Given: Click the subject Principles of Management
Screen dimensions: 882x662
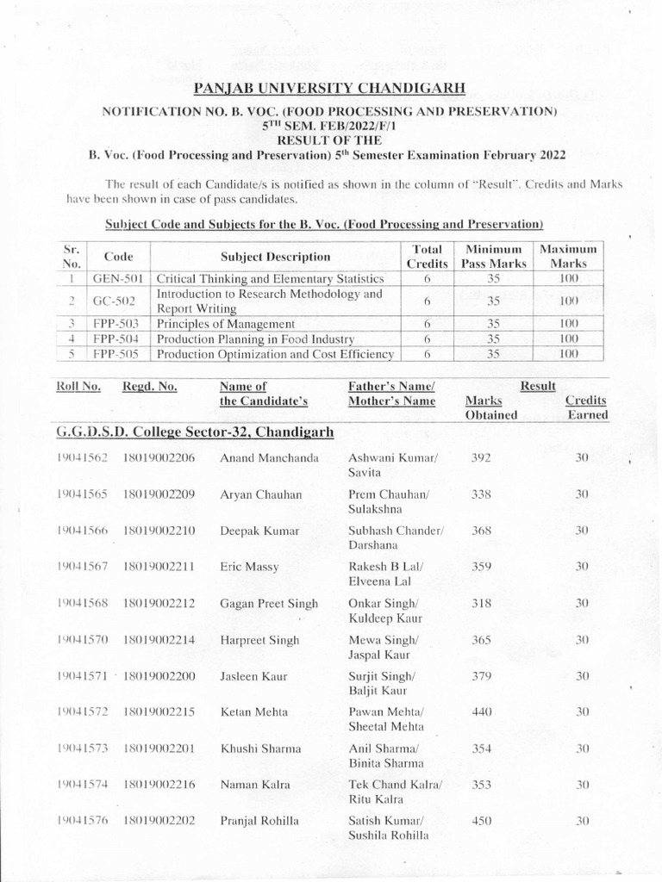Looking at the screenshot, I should click(x=225, y=324).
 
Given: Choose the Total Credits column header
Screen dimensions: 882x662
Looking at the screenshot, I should click(x=427, y=256).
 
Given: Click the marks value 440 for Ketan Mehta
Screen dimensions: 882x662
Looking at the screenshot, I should click(x=481, y=711).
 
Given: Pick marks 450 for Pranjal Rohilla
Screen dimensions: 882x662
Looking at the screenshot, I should click(x=481, y=821).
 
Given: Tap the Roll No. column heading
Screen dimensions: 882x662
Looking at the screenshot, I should click(x=78, y=387).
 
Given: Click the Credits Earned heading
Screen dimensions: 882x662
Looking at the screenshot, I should click(x=586, y=407).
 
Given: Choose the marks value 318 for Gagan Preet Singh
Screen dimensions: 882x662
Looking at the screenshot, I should click(x=481, y=604).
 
